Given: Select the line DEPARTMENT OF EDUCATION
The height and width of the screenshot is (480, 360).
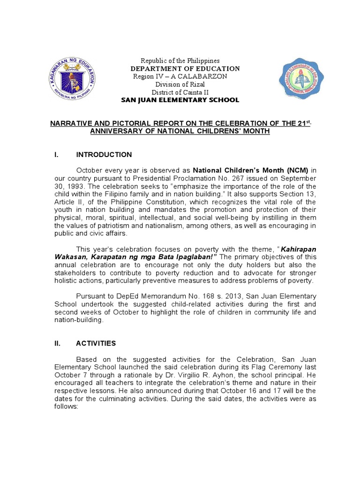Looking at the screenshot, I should pos(185,69).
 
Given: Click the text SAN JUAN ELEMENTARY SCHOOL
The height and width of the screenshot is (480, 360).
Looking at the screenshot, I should pos(180,100).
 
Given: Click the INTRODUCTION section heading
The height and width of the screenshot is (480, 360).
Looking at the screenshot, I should pos(104,155).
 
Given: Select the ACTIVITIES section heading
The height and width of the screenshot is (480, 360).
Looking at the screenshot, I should pos(96,343).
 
